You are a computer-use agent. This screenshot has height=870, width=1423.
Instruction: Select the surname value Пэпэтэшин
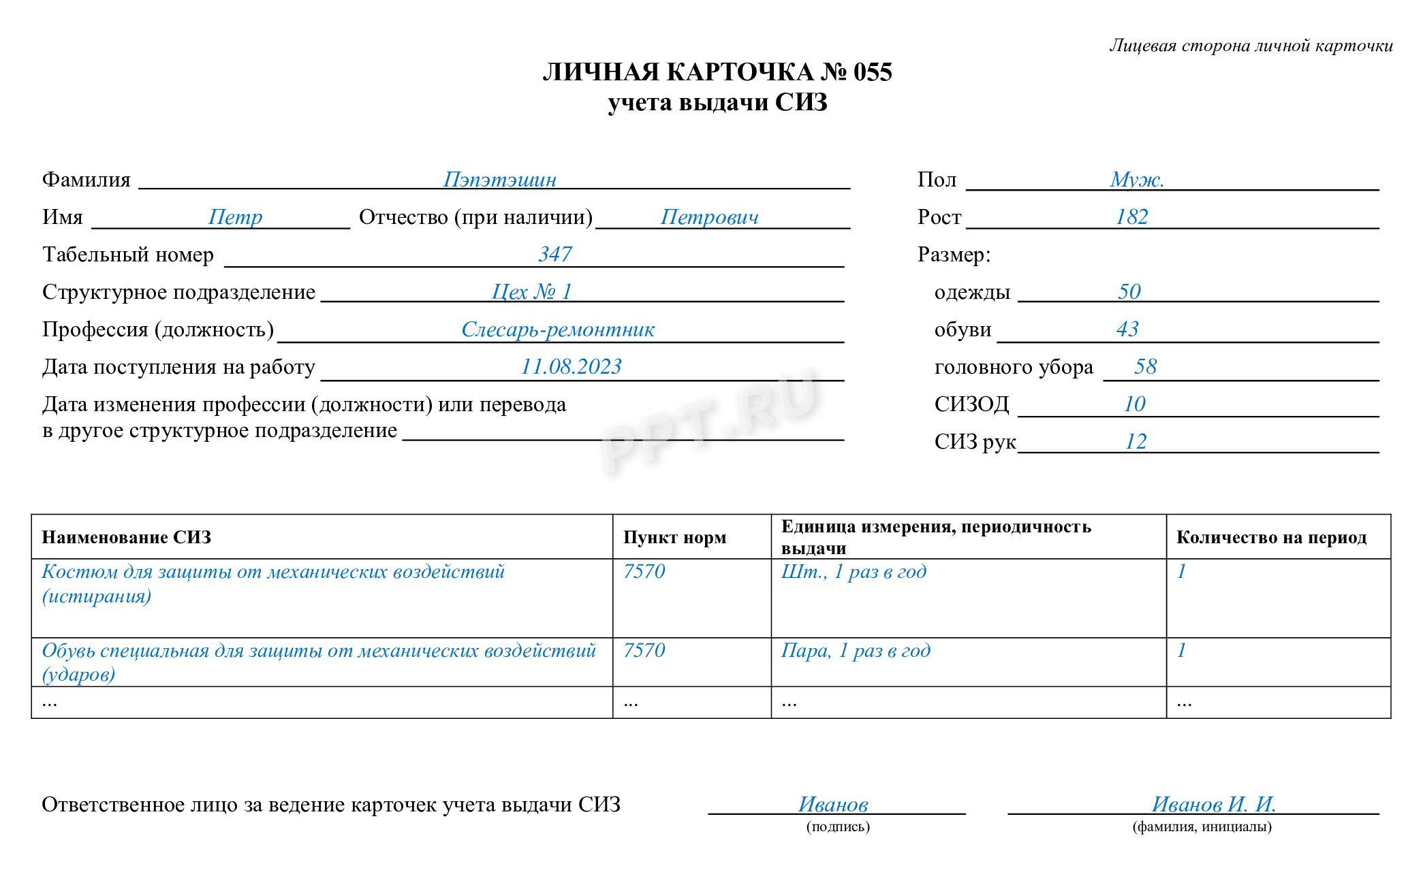tap(499, 180)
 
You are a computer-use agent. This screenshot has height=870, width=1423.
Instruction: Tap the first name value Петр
tap(235, 217)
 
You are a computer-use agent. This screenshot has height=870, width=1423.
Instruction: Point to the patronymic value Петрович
tap(709, 217)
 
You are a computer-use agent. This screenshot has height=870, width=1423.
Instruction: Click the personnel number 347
tap(554, 255)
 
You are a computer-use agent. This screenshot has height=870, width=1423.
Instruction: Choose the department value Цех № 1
tap(531, 292)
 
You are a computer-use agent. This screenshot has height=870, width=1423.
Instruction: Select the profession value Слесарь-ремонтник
tap(557, 329)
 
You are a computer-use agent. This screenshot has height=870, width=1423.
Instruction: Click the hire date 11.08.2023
tap(571, 367)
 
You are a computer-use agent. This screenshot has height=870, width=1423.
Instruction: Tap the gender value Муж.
tap(1137, 180)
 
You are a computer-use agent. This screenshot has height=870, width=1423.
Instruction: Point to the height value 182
tap(1131, 217)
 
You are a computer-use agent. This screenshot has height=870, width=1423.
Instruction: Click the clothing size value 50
tap(1129, 292)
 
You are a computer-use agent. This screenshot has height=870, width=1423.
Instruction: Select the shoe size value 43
tap(1127, 329)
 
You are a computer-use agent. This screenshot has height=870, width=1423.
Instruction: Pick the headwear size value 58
tap(1145, 367)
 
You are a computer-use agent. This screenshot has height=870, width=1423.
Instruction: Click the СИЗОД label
tap(971, 404)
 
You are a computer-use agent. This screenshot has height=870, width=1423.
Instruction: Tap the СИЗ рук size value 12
tap(1136, 442)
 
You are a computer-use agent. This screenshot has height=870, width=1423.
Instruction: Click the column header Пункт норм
tap(674, 538)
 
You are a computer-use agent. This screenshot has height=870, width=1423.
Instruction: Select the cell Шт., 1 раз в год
tap(854, 572)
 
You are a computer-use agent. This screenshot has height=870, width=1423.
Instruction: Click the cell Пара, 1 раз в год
tap(856, 651)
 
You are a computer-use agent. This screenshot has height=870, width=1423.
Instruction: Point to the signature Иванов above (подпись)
tap(833, 805)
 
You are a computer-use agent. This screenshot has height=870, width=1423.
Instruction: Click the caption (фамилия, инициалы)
tap(1202, 827)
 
